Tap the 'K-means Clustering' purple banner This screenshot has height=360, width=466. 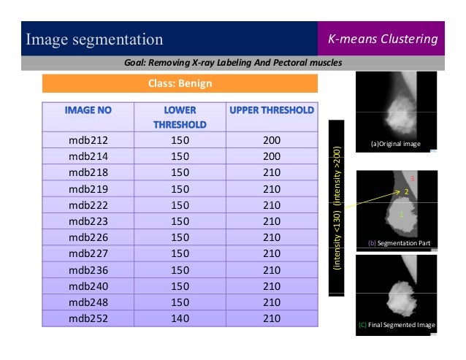coord(381,38)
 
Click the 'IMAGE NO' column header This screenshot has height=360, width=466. coord(88,111)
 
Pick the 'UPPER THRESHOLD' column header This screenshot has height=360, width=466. coord(272,111)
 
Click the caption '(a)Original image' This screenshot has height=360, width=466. coord(395,144)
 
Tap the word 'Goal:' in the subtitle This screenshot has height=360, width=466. coord(138,63)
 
